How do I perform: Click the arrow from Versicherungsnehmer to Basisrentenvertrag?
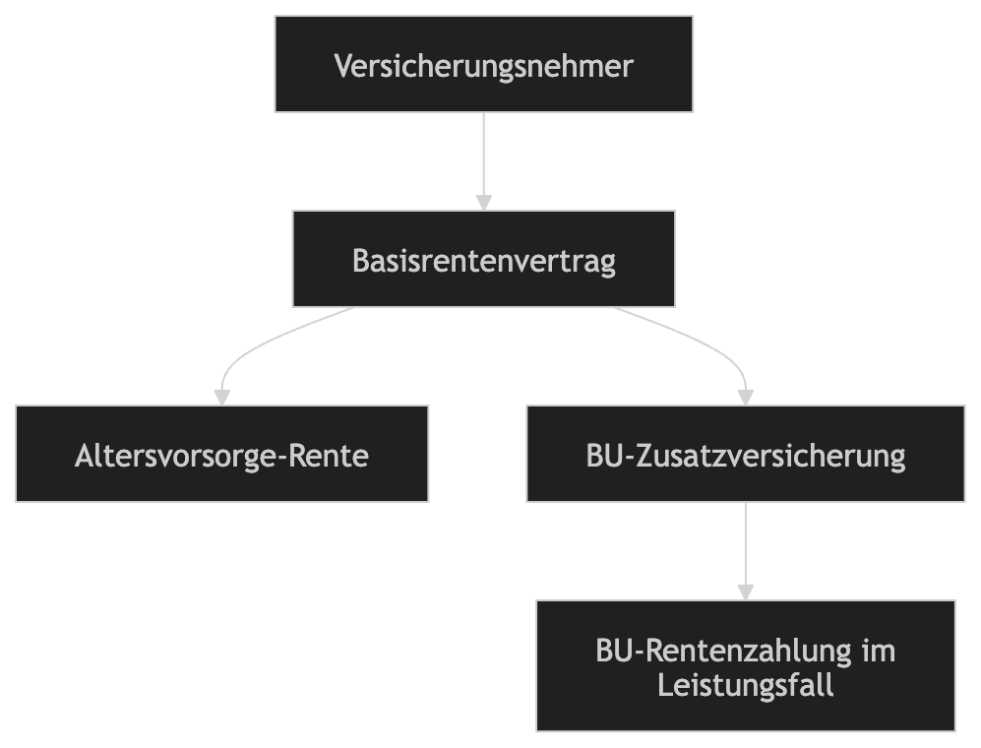pos(483,157)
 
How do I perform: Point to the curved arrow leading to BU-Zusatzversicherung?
pos(708,344)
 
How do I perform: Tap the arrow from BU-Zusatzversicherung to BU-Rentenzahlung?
pos(745,546)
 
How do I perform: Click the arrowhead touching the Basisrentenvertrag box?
pos(483,203)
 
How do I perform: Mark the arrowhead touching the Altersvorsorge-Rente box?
pos(221,398)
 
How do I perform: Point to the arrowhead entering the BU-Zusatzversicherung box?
pos(745,398)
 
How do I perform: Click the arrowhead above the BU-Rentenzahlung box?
pos(745,592)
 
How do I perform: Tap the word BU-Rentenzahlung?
pos(723,652)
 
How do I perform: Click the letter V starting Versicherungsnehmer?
pos(342,66)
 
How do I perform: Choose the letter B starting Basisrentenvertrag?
pos(360,262)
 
